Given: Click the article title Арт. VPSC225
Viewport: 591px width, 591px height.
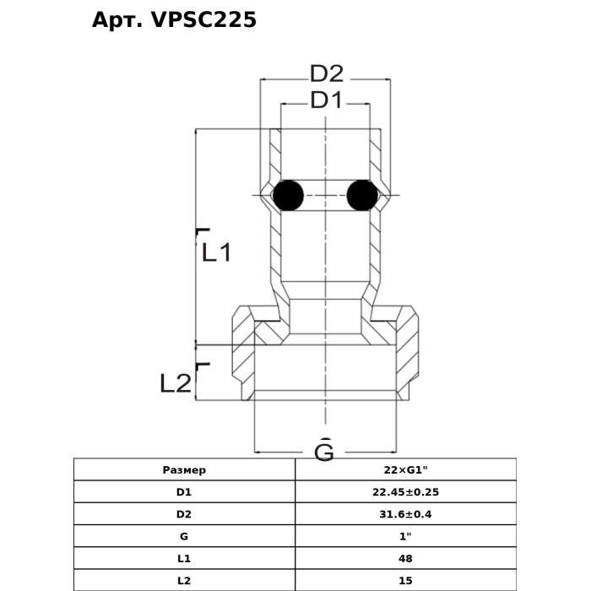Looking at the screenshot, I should [174, 20].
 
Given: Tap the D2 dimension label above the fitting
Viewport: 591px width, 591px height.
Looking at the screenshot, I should [326, 73].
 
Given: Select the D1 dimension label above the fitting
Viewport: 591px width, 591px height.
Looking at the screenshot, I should [326, 100].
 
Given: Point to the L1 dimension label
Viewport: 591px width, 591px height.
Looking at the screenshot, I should [216, 252].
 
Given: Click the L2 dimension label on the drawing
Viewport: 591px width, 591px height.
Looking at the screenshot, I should [176, 383].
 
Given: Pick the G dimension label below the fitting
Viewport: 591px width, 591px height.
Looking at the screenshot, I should [324, 452].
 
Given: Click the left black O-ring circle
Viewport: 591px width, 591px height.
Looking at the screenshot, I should [288, 196].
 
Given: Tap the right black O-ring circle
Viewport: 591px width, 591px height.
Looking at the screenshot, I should [362, 196].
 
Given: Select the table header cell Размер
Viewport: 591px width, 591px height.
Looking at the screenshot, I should [184, 469].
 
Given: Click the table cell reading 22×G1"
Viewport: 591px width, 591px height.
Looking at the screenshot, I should [405, 469].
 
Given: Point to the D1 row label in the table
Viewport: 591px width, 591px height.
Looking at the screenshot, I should [184, 491].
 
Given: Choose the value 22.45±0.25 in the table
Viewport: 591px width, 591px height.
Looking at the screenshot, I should [405, 491].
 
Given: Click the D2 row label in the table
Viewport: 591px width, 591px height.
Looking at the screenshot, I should [184, 513].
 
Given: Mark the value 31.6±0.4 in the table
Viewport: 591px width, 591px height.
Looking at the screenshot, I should [405, 513].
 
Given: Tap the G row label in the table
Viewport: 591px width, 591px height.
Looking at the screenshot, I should [184, 536].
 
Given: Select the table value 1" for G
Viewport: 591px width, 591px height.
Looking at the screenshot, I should [405, 536].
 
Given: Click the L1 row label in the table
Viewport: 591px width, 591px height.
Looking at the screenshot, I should [184, 558].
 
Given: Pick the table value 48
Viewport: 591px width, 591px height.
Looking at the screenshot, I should [405, 558].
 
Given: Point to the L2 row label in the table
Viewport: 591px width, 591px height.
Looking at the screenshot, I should [184, 580].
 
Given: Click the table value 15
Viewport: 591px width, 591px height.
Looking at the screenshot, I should [405, 580].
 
